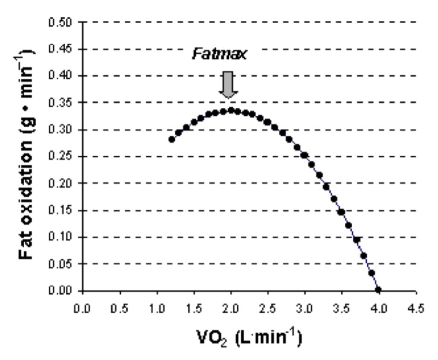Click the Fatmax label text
tap(220, 54)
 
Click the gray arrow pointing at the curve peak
tap(229, 85)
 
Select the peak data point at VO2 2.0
tap(231, 110)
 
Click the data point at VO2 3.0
tap(305, 155)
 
